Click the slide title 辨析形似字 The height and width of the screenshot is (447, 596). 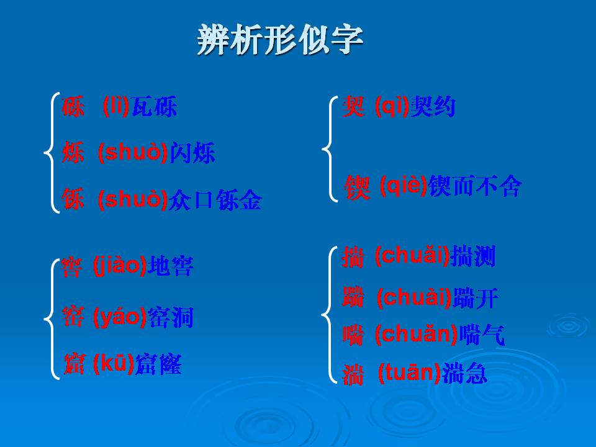click(280, 40)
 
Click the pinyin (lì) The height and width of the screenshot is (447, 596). click(116, 106)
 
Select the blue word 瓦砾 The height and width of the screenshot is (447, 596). click(155, 107)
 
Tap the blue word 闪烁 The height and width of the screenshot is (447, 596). click(192, 153)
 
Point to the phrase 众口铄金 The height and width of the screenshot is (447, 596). click(215, 200)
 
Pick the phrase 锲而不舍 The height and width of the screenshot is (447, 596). click(476, 186)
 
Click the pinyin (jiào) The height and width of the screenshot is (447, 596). click(120, 266)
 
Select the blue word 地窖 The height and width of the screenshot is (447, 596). click(171, 267)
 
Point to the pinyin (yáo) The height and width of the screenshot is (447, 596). click(120, 318)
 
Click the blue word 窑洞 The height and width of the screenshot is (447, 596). click(171, 318)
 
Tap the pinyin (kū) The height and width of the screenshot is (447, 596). click(113, 364)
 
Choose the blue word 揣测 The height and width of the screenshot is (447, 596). click(474, 256)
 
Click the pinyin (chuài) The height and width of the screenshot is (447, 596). click(413, 298)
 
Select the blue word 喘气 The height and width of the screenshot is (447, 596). click(482, 335)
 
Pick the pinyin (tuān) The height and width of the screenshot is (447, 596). click(410, 373)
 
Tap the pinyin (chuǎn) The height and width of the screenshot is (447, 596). click(416, 335)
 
